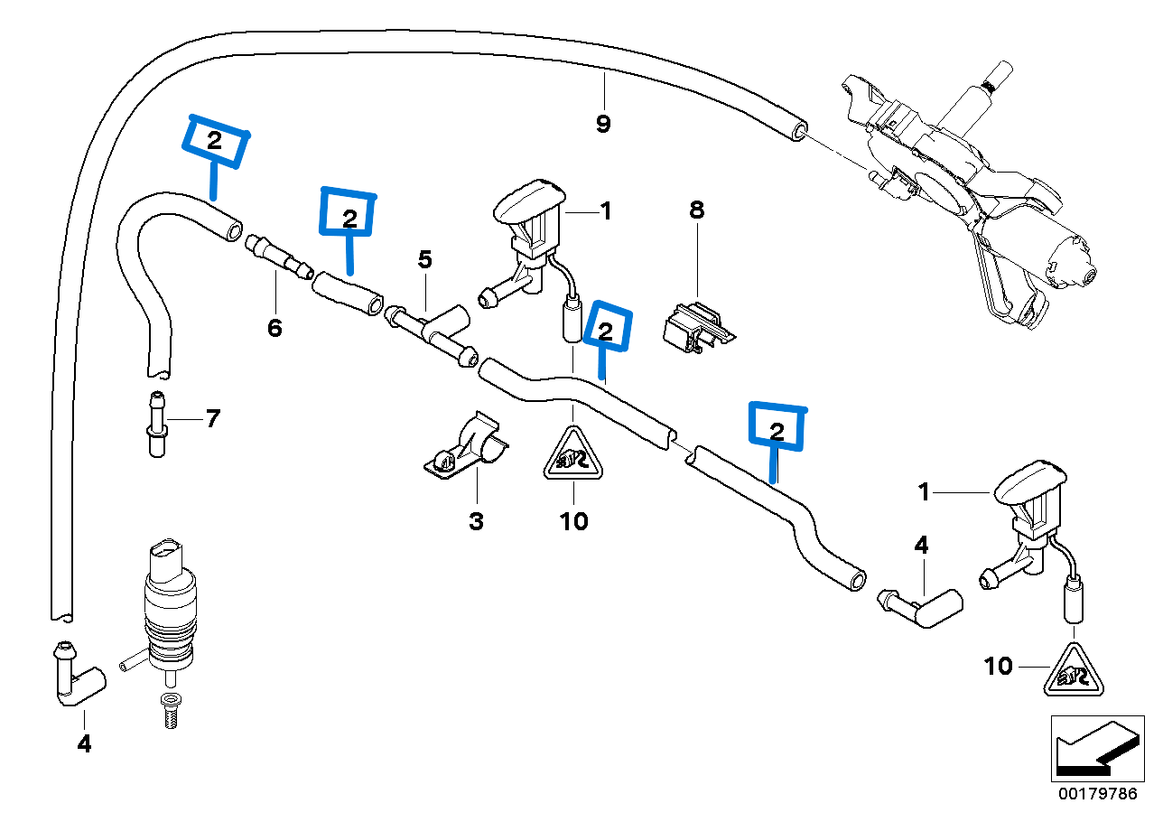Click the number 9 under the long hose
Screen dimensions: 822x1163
point(603,124)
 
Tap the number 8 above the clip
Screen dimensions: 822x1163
point(696,210)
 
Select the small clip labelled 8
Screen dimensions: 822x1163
point(695,326)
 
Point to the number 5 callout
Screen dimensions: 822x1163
point(424,260)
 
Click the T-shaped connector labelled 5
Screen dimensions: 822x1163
point(433,330)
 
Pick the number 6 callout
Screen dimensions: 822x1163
point(274,327)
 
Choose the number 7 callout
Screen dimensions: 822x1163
point(212,418)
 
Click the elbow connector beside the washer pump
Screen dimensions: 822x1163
point(77,676)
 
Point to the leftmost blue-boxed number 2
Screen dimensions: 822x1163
point(214,141)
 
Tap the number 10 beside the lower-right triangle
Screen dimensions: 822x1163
point(998,667)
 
